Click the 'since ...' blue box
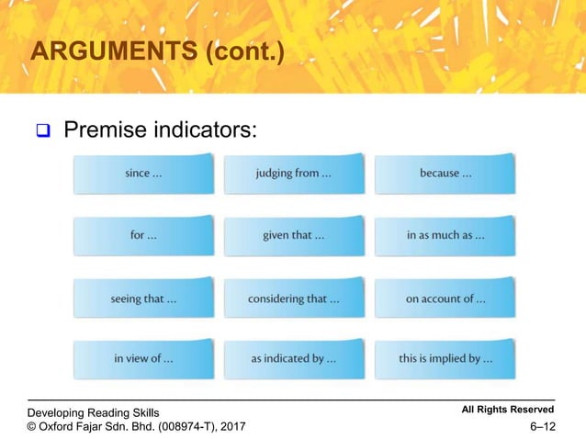coord(143,174)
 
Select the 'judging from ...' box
coord(294,174)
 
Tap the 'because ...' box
coord(445,174)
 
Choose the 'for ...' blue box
coord(143,235)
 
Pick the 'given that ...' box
coord(294,235)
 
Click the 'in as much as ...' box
coord(445,235)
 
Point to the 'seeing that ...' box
coord(143,298)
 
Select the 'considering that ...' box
coord(294,298)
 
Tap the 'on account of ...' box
coord(445,298)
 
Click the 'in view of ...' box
coord(143,359)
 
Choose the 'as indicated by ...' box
coord(294,359)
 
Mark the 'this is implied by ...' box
coord(445,359)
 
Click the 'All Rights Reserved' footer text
coord(509,409)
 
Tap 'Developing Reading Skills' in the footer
coord(94,413)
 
